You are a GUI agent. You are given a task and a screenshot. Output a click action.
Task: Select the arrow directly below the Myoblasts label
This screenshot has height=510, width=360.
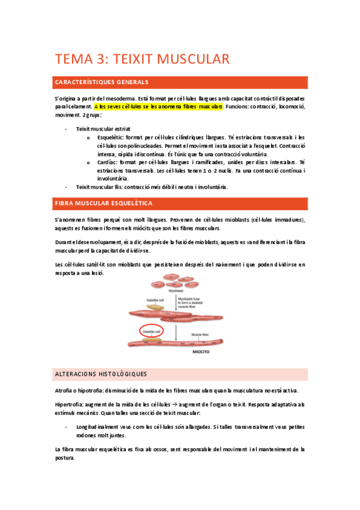(x=174, y=301)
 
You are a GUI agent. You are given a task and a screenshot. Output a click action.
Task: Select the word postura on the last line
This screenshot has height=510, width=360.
(x=64, y=458)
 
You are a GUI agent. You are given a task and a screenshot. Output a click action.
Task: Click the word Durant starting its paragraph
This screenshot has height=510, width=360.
(x=63, y=241)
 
